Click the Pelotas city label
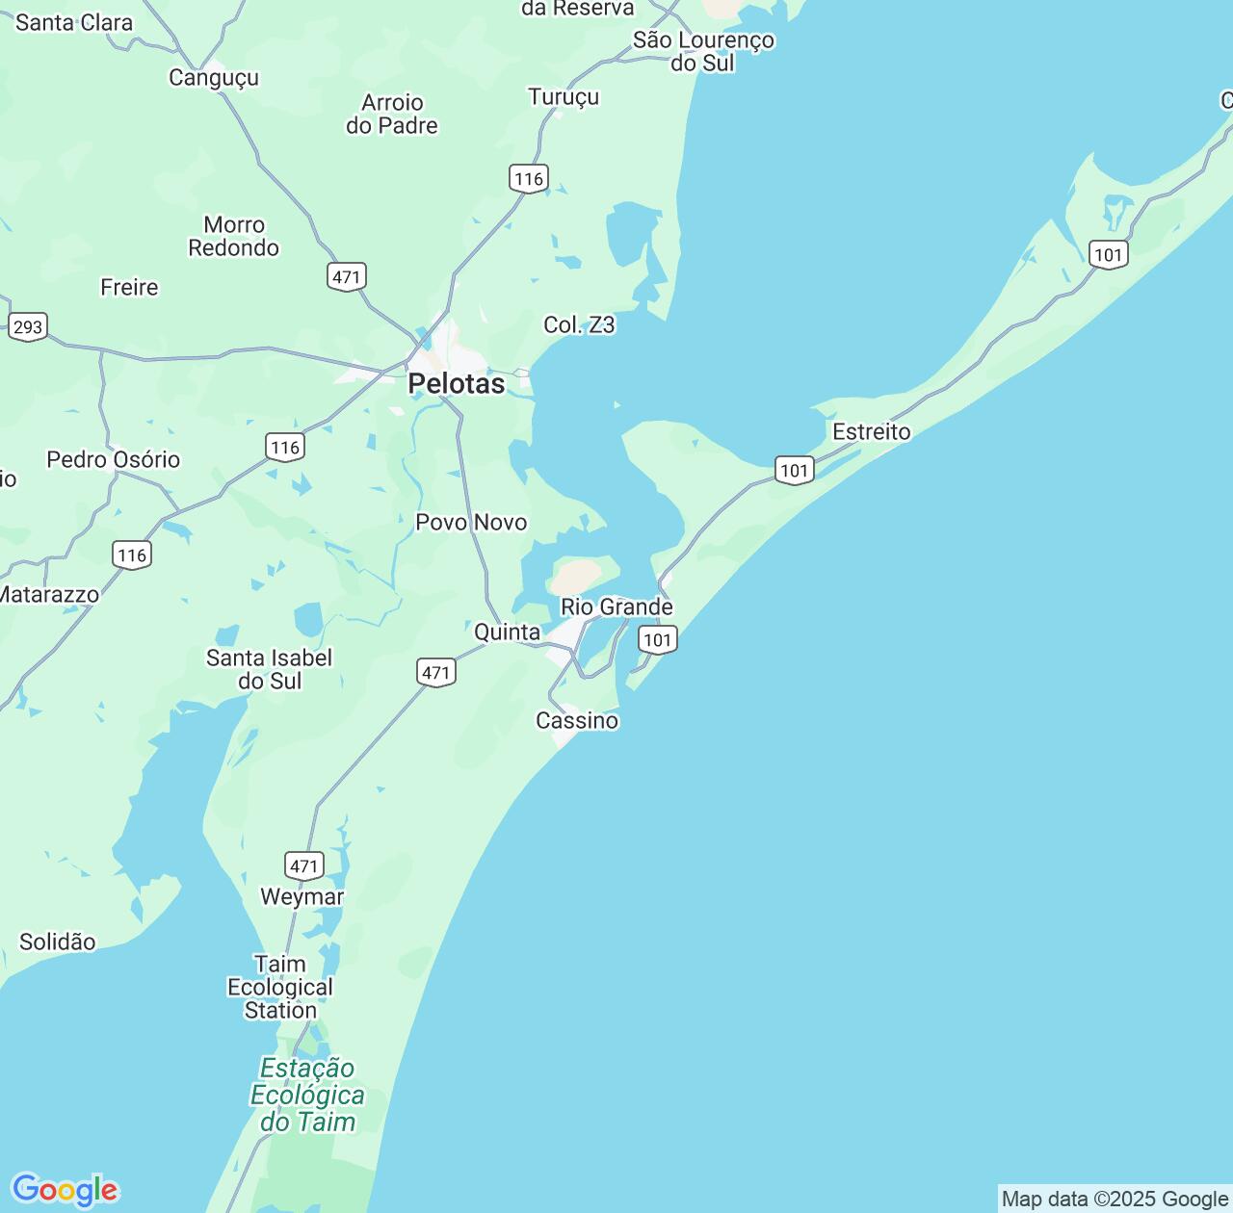[x=456, y=384]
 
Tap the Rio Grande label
[x=616, y=607]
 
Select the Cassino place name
[x=577, y=721]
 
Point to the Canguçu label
[x=214, y=78]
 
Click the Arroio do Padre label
[x=392, y=115]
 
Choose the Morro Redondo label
[x=234, y=237]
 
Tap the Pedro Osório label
[x=114, y=460]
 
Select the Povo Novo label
[x=471, y=523]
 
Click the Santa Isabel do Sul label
[x=270, y=670]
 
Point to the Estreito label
[x=872, y=432]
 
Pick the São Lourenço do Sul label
[x=703, y=52]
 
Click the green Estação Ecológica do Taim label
[x=307, y=1096]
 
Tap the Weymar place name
[x=302, y=897]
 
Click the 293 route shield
[x=27, y=326]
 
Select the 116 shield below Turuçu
[x=528, y=178]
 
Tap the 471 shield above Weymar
[x=304, y=865]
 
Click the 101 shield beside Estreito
[x=795, y=471]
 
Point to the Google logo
[x=65, y=1190]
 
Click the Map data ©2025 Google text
[x=1115, y=1199]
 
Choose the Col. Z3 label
[x=579, y=325]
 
